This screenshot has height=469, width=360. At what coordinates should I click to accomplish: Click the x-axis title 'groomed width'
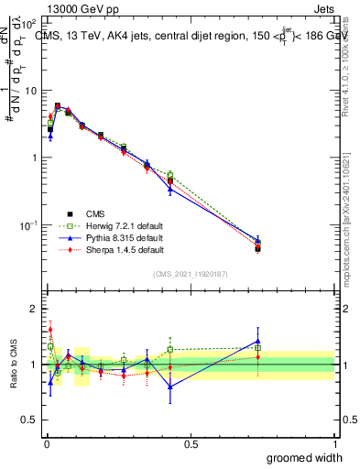click(300, 457)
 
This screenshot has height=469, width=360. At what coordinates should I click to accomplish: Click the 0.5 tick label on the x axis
click(191, 443)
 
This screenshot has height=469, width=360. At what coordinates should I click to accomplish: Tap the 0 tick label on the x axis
click(46, 443)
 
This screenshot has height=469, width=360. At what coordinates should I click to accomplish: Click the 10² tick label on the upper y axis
click(27, 24)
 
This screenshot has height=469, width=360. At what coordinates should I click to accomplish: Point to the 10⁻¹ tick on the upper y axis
click(27, 225)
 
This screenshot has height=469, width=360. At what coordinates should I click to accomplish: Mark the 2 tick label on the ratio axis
click(34, 309)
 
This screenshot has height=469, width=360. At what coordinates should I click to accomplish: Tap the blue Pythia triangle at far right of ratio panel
click(258, 342)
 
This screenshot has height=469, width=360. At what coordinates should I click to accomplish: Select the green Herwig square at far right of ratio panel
click(258, 348)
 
